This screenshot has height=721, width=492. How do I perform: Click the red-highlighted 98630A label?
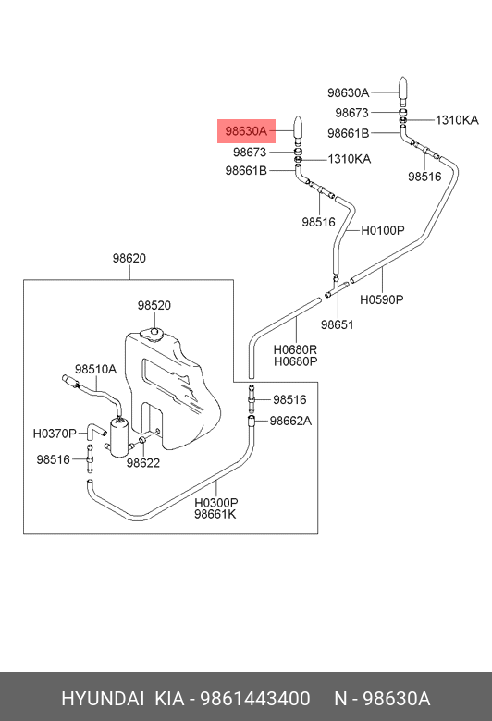point(246,131)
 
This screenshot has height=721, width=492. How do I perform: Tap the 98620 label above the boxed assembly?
point(129,259)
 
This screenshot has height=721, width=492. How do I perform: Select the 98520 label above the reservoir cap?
point(154,305)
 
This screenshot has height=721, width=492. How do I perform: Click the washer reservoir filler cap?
point(153,333)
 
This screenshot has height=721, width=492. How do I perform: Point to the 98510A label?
point(96,369)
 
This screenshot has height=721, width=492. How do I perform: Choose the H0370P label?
point(55,434)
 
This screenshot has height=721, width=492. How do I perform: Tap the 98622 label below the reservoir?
point(143,463)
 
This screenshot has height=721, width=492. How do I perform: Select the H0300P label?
point(215,503)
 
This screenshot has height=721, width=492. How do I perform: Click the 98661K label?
point(215,514)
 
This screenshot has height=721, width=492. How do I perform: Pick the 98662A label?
point(290,421)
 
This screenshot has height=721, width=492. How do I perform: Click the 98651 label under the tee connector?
point(338,324)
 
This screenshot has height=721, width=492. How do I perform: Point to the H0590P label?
point(382,299)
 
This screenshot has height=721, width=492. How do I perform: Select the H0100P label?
point(383,230)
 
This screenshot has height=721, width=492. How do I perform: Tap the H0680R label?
point(295,350)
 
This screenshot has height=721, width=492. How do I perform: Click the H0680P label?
point(295,361)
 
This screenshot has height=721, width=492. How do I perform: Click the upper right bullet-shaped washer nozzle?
point(402,91)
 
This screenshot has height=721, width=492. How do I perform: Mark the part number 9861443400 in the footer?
point(255,699)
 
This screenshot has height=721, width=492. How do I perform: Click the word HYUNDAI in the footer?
point(103,699)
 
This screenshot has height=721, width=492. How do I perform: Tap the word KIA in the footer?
point(169,699)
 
